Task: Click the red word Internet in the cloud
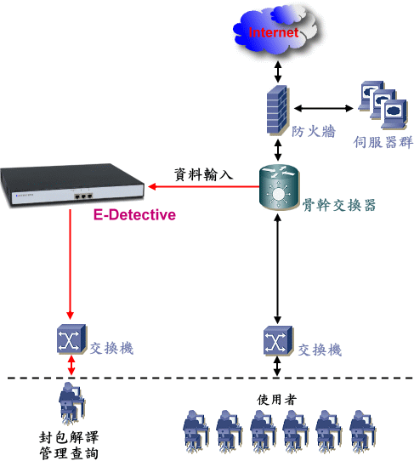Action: [274, 32]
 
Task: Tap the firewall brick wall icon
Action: [277, 111]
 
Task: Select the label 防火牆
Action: [313, 131]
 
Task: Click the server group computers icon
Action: [383, 105]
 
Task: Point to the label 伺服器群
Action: [383, 142]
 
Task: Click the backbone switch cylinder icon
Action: [279, 187]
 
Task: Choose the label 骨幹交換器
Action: [339, 205]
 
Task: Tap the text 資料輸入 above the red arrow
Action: [204, 174]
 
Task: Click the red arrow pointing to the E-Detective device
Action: [204, 186]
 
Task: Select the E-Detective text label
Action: [134, 214]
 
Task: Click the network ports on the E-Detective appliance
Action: [84, 196]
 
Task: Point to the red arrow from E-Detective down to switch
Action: [70, 264]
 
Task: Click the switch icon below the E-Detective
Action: [71, 339]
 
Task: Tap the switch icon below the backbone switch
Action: [278, 341]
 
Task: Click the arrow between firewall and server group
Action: [324, 109]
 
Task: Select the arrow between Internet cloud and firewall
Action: [278, 71]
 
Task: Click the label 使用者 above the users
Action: [277, 400]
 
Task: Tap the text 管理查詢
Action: [69, 453]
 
